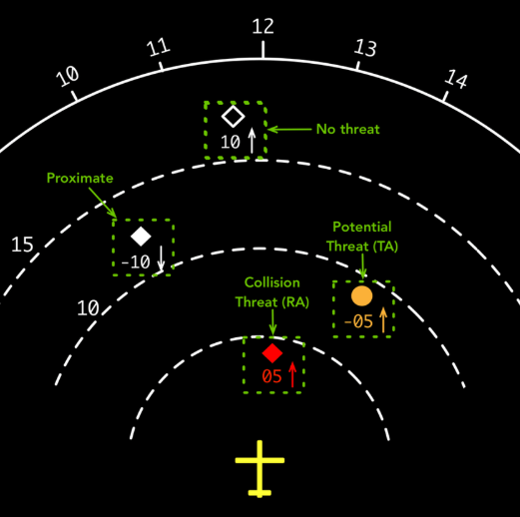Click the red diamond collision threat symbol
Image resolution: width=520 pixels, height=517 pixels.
pos(272,353)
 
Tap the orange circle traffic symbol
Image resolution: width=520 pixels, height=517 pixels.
pos(362,295)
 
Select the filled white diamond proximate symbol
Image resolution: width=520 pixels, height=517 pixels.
pos(141,237)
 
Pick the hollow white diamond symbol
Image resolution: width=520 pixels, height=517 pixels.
pos(234,117)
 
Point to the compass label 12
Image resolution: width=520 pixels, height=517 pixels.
pos(262,26)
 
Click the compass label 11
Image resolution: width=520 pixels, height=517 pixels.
pos(159,47)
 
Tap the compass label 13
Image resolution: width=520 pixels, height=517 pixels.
pos(365,48)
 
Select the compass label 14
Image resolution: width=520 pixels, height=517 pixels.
pos(456,79)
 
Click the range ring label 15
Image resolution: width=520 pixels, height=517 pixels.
pos(22,245)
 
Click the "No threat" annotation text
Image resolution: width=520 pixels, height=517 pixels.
pos(348,129)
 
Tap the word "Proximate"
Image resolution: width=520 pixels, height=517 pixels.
pos(80,178)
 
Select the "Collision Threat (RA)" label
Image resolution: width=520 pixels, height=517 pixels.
pos(272,292)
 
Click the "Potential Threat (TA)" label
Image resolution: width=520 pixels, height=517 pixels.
pos(362,237)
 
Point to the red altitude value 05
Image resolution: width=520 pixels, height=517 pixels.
pos(271,376)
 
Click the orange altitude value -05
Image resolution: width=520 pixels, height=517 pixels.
pos(358,321)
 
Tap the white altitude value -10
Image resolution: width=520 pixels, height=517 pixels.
pos(136,262)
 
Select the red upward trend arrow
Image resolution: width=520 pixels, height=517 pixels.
pos(292,374)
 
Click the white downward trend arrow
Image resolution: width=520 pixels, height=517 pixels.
pos(161,258)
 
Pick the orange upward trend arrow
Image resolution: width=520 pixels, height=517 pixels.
pos(383,319)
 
